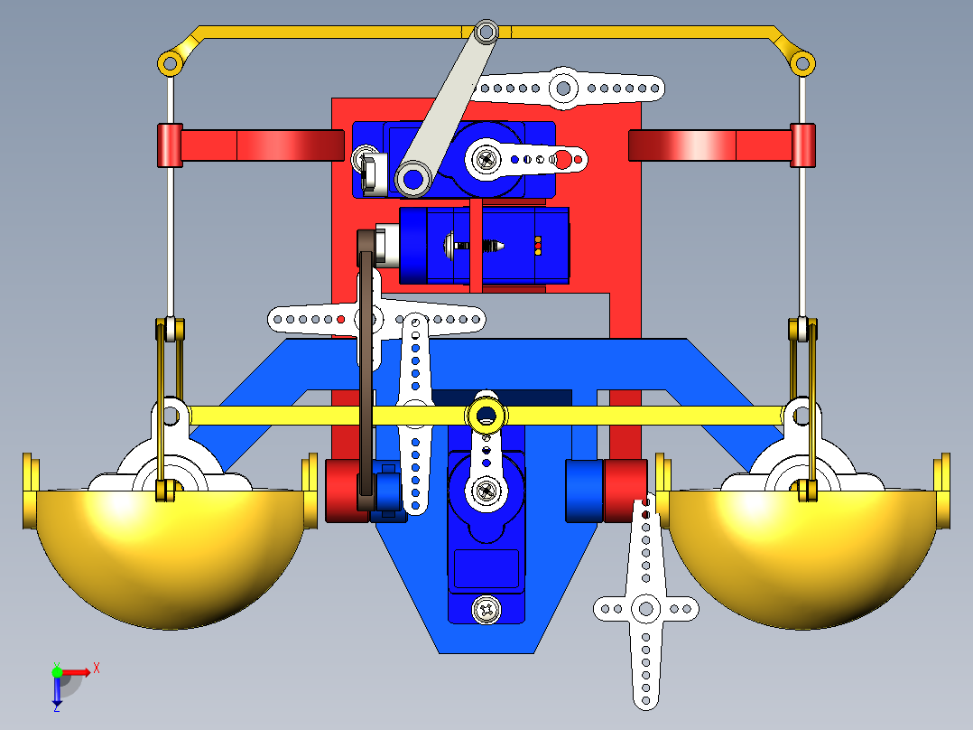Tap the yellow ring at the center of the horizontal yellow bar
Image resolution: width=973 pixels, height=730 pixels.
pos(486,416)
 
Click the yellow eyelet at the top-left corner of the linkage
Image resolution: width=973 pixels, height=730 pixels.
pos(169,63)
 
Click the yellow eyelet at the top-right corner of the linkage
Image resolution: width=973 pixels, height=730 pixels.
pos(801,62)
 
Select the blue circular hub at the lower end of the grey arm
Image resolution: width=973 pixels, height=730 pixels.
pos(413,177)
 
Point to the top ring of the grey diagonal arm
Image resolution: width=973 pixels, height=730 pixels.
pos(486,33)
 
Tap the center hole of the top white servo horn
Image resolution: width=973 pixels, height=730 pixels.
pos(563,89)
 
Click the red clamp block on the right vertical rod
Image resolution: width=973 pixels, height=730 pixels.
pos(802,145)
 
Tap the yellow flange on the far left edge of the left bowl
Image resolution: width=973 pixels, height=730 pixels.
pos(30,493)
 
